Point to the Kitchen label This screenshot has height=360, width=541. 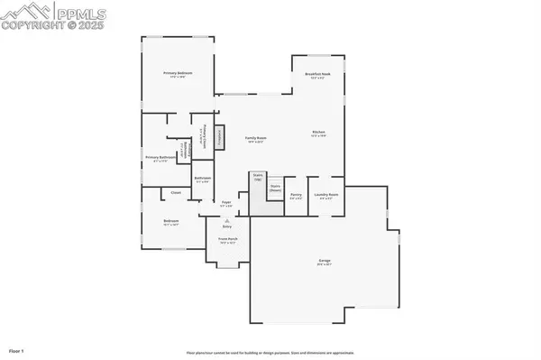tap(318, 133)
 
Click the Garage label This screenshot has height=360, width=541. tap(323, 263)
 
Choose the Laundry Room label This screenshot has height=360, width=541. tap(326, 194)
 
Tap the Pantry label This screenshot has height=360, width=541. tap(296, 194)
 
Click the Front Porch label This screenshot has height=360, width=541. tap(227, 240)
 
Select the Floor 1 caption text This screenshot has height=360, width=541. tap(16, 349)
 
